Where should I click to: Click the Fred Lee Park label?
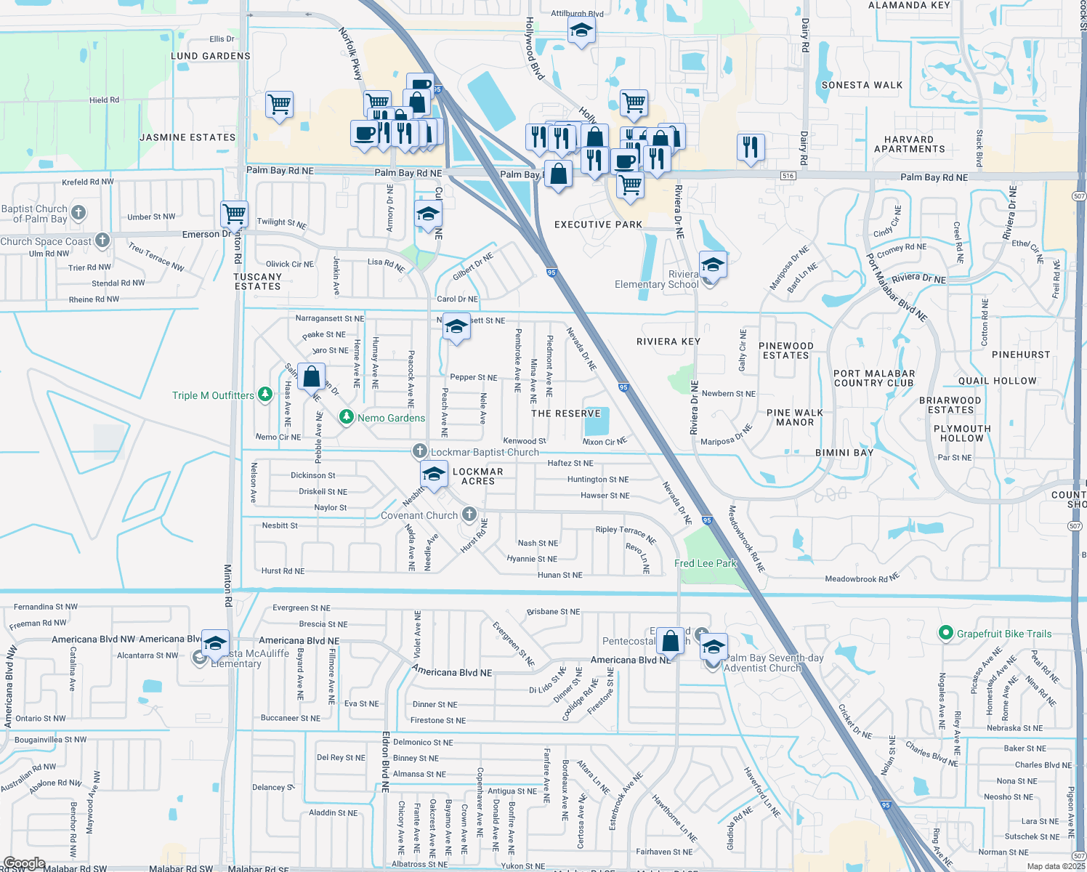pos(705,563)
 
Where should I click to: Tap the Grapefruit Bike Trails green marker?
pos(945,634)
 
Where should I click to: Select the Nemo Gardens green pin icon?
pos(347,417)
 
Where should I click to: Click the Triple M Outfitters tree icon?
pos(265,395)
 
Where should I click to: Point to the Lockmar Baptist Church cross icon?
pos(419,451)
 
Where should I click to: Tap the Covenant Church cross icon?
pos(469,515)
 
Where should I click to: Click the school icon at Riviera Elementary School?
pos(713,266)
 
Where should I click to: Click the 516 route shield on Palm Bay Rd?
pos(788,176)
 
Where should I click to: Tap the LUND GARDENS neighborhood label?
pos(211,56)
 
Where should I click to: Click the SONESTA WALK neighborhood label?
pos(862,85)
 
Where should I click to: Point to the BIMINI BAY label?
pos(844,453)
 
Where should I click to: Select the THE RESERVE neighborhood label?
pos(566,413)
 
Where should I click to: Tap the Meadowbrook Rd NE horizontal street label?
pos(862,578)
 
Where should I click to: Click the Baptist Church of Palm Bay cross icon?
pos(79,213)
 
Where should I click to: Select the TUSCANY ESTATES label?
pos(257,282)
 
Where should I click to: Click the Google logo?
pos(24,863)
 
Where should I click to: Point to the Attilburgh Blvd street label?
pos(577,14)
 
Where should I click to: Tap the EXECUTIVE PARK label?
pos(598,225)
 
